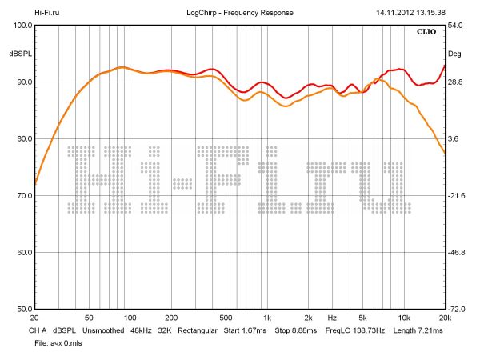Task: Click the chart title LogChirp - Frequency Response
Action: [240, 13]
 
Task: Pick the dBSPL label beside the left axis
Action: [19, 54]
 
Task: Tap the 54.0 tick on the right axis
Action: [454, 26]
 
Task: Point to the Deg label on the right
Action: [454, 54]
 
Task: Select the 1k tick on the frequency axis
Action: [267, 318]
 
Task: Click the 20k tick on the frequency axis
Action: [445, 318]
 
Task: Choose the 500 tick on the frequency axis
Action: [226, 318]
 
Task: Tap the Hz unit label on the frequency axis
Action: [332, 318]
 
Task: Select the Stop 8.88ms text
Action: [295, 330]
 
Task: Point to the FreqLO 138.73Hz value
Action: [355, 330]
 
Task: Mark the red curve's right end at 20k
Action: [444, 66]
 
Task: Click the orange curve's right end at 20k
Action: [444, 153]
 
